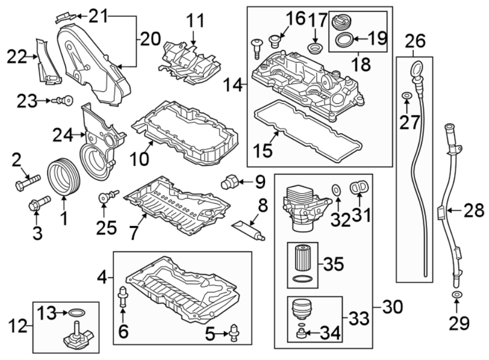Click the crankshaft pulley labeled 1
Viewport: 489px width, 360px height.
(63, 175)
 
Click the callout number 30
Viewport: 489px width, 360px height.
(393, 307)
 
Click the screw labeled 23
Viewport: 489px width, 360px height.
(65, 101)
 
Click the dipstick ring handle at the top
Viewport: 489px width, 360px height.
(416, 70)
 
